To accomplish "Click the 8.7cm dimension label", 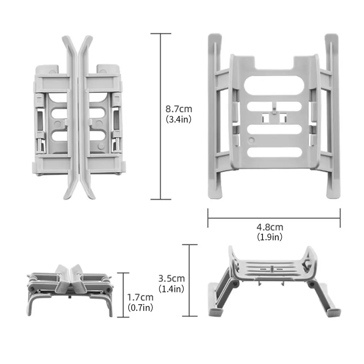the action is point(179,109).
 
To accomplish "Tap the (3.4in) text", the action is point(178,119).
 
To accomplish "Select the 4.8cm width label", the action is point(270,227).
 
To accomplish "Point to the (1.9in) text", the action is point(270,237).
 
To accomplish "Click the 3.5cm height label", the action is point(172,278).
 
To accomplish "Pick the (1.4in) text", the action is point(171,289).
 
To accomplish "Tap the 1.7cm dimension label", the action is point(140,297).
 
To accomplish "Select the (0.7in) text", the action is point(140,307).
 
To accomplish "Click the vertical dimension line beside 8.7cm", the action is point(161,116).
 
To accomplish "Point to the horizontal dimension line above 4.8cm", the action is point(274,218).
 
